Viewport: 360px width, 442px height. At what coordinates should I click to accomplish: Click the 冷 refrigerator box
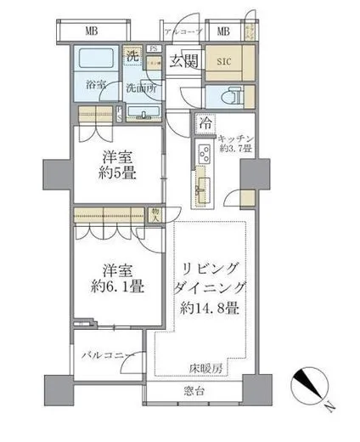pyautogui.click(x=205, y=123)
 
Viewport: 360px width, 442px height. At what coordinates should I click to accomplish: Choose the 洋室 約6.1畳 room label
pyautogui.click(x=117, y=279)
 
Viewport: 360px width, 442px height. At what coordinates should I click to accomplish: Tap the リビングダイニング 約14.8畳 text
pyautogui.click(x=207, y=288)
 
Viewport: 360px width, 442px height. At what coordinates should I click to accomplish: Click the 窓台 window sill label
pyautogui.click(x=196, y=392)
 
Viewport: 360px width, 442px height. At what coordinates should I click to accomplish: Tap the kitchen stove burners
pyautogui.click(x=205, y=154)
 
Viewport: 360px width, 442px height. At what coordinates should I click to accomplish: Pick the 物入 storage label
pyautogui.click(x=155, y=214)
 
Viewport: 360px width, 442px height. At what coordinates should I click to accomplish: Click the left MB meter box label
pyautogui.click(x=89, y=32)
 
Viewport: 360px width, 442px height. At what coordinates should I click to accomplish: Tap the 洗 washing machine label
pyautogui.click(x=132, y=56)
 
